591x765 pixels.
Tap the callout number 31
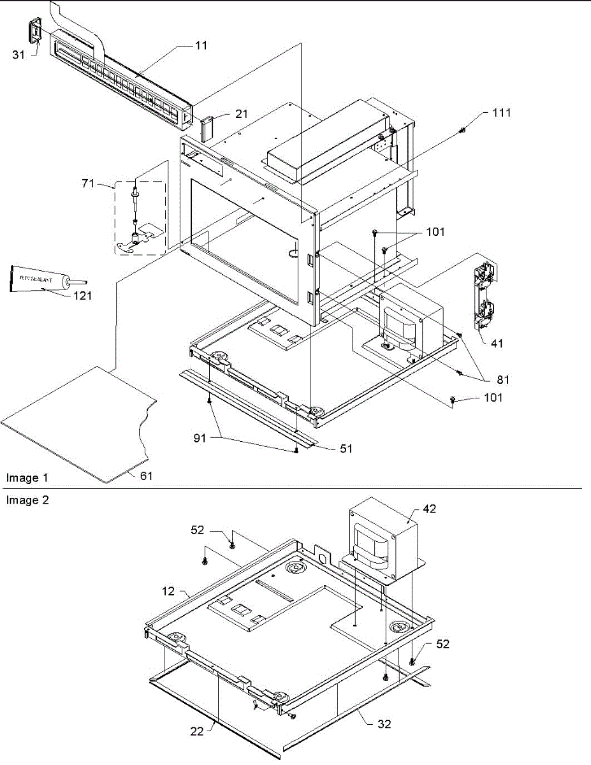18,55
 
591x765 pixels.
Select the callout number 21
223,113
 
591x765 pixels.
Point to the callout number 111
501,113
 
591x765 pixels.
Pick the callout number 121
82,296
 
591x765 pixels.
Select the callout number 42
431,509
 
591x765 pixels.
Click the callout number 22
197,731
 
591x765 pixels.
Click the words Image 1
27,477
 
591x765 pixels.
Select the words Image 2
27,500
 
